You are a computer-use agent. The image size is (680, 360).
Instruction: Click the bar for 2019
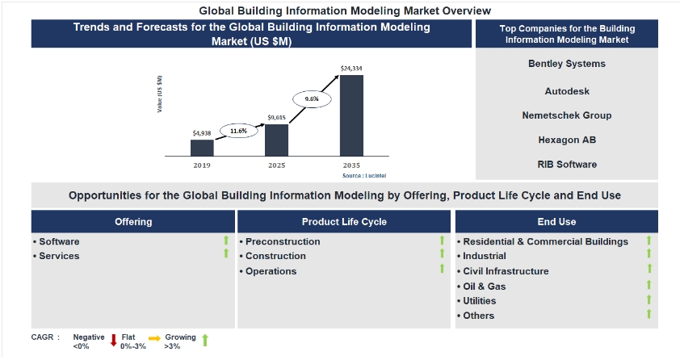pos(202,148)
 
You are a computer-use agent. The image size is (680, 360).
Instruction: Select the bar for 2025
pos(276,140)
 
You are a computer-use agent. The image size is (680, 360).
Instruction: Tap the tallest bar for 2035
pos(351,115)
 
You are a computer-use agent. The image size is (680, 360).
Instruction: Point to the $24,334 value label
pos(351,69)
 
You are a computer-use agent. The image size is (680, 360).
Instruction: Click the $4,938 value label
pos(202,133)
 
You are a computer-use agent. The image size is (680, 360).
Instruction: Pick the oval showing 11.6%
pos(238,130)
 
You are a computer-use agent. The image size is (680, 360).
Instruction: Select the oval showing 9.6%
pos(312,98)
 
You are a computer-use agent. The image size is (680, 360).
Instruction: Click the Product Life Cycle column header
pos(344,222)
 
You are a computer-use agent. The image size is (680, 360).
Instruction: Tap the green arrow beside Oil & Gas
pos(649,286)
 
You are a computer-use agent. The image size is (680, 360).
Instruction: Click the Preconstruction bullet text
pos(283,241)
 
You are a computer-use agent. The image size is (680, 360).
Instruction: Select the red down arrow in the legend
pos(114,340)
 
